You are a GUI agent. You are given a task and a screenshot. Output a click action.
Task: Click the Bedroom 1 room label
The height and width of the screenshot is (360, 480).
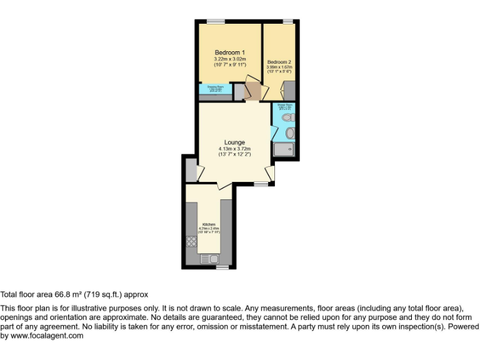tap(229, 52)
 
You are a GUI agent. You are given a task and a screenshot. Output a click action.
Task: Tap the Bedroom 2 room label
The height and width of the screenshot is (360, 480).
tap(279, 62)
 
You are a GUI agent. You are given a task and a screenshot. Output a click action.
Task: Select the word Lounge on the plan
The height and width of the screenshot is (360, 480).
tap(235, 142)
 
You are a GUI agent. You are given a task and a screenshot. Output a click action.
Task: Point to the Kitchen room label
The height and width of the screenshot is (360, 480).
tap(208, 224)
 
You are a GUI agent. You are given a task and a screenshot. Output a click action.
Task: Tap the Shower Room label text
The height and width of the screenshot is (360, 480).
tap(284, 105)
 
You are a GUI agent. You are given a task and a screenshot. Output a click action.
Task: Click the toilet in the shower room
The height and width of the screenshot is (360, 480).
tap(287, 117)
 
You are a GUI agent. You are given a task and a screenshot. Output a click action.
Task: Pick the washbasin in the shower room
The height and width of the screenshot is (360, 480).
tap(289, 132)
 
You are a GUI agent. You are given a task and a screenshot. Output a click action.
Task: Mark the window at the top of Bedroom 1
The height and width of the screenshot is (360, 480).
tap(216, 22)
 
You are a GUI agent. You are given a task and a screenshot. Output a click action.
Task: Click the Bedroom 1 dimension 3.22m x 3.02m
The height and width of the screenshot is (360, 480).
tap(229, 59)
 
